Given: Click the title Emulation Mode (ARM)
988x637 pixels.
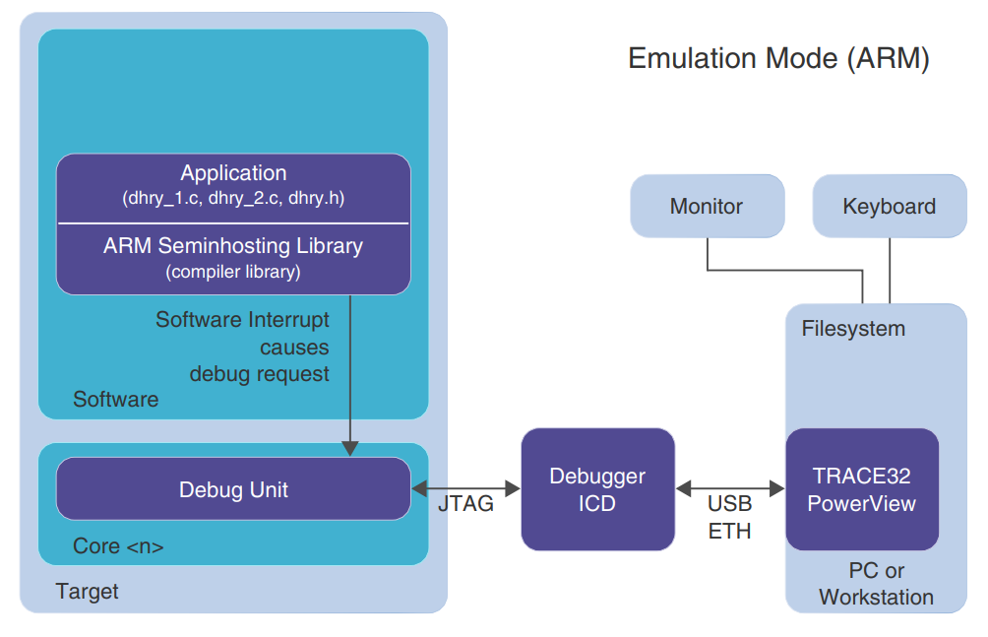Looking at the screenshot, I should tap(777, 58).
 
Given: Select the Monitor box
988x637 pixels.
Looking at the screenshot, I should tap(707, 207).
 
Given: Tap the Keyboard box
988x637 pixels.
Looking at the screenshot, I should tap(889, 207).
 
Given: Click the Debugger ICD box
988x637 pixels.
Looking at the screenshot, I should tap(597, 489).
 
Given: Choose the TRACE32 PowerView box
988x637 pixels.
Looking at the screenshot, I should tap(861, 489).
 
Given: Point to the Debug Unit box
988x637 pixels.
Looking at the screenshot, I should tap(233, 489).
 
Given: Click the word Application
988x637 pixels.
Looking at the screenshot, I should tap(233, 173).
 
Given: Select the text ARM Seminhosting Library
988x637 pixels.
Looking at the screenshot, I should tap(233, 246).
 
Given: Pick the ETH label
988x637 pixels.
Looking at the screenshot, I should tap(729, 531).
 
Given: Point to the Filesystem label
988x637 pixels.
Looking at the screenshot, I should tap(853, 329).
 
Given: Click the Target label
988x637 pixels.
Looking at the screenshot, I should tap(87, 592).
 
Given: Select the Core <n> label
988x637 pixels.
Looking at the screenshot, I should tap(118, 546).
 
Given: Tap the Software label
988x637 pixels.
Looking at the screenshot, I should tap(115, 400).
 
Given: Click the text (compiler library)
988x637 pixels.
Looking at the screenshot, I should tap(233, 272).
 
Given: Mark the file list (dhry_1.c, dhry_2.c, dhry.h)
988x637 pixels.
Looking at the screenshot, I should tap(233, 198).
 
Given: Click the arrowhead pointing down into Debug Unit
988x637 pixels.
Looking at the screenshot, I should tap(349, 448).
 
